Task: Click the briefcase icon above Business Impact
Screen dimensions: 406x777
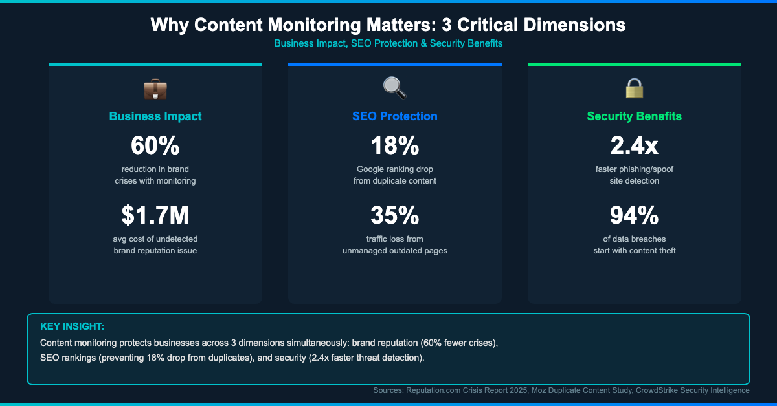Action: pyautogui.click(x=155, y=88)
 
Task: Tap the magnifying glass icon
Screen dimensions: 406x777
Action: pyautogui.click(x=394, y=88)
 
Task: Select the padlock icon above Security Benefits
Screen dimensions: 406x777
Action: pyautogui.click(x=634, y=88)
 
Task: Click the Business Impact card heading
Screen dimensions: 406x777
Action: pyautogui.click(x=155, y=116)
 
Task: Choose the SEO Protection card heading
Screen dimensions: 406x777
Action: pyautogui.click(x=395, y=116)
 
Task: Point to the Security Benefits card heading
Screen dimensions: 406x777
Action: pyautogui.click(x=635, y=116)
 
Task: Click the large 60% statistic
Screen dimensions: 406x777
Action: pyautogui.click(x=155, y=146)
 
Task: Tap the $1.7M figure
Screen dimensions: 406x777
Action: pyautogui.click(x=155, y=215)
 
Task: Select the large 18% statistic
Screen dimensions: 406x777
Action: pyautogui.click(x=395, y=146)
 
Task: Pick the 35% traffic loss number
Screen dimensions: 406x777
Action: pyautogui.click(x=395, y=215)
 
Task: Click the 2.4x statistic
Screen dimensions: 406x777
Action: pyautogui.click(x=635, y=146)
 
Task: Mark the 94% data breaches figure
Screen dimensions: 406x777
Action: pyautogui.click(x=635, y=215)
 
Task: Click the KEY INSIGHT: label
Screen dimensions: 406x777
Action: pyautogui.click(x=72, y=326)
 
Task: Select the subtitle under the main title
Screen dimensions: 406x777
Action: pyautogui.click(x=388, y=43)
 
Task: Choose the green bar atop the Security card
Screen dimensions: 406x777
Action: pyautogui.click(x=635, y=65)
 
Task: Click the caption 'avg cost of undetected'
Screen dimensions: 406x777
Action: pyautogui.click(x=155, y=239)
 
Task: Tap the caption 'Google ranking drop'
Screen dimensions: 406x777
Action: pyautogui.click(x=395, y=169)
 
